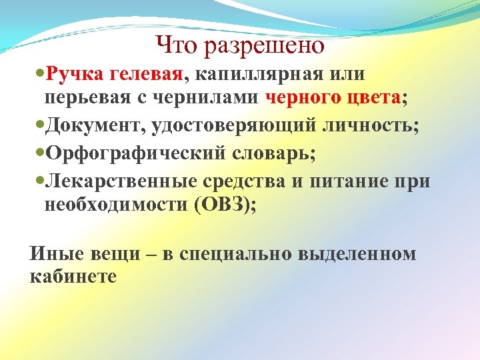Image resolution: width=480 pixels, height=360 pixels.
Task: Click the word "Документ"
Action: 91,126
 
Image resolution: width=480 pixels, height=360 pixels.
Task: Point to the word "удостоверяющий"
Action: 225,126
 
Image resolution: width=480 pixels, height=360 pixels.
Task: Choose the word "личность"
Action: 364,126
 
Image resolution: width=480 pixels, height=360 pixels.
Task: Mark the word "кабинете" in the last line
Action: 73,276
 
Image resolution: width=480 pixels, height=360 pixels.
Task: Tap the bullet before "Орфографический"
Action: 36,153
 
